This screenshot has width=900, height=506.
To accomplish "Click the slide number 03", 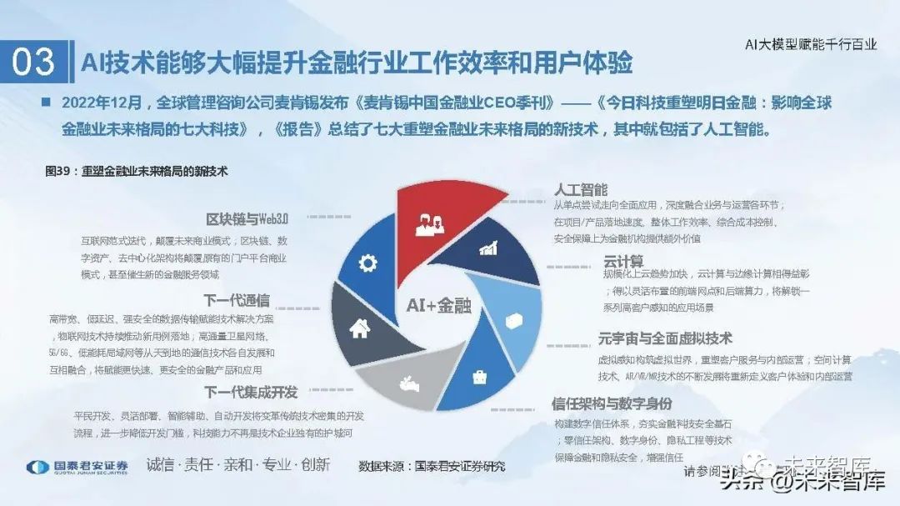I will pyautogui.click(x=34, y=61).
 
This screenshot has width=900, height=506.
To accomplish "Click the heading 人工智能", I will pyautogui.click(x=581, y=189).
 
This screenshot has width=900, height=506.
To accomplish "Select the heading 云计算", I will pyautogui.click(x=624, y=261).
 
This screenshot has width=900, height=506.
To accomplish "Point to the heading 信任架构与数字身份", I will pyautogui.click(x=611, y=404).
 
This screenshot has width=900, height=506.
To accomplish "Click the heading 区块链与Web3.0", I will pyautogui.click(x=248, y=219).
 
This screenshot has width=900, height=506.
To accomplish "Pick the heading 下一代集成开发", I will pyautogui.click(x=250, y=392).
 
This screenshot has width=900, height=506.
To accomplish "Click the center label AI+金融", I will pyautogui.click(x=438, y=306).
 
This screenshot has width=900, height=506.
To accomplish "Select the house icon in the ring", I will pyautogui.click(x=359, y=328).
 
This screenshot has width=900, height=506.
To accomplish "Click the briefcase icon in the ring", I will pyautogui.click(x=481, y=377).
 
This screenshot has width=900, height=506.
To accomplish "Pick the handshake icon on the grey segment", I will pyautogui.click(x=411, y=383).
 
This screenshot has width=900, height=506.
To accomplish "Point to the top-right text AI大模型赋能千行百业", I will pyautogui.click(x=810, y=44).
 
